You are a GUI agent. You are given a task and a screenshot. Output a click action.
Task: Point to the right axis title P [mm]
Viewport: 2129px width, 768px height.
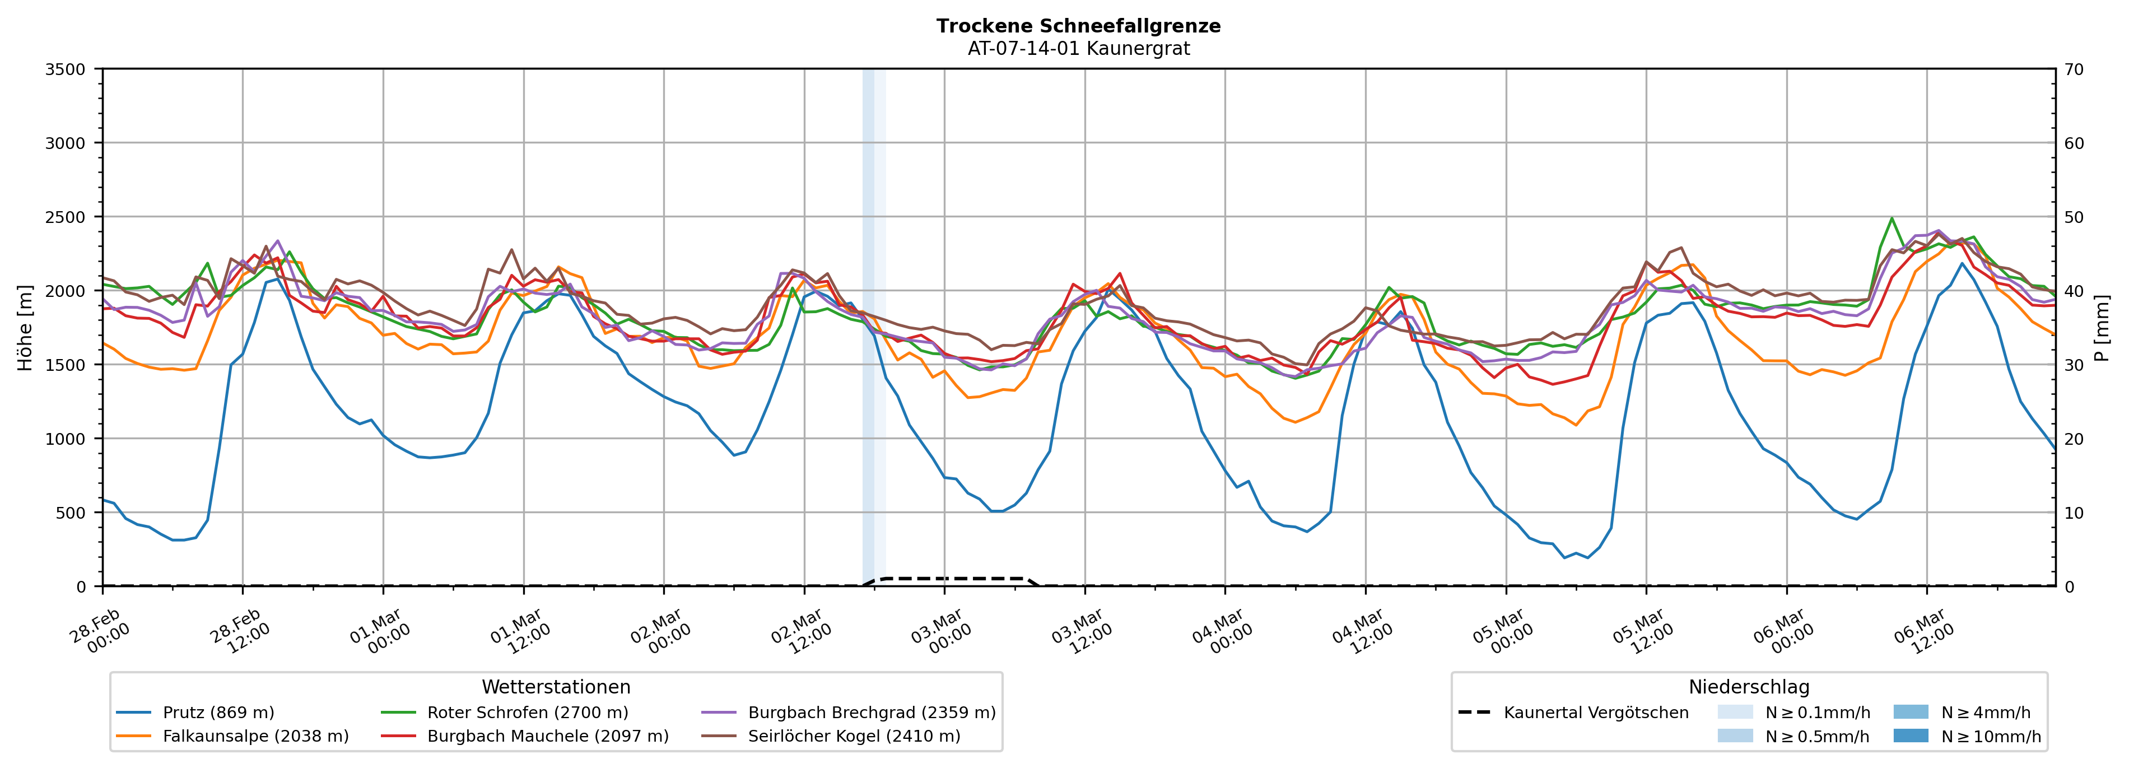2102,327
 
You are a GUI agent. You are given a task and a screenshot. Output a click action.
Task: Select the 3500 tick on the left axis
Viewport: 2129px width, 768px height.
66,69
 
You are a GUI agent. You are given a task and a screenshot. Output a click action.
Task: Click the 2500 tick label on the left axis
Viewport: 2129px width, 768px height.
66,217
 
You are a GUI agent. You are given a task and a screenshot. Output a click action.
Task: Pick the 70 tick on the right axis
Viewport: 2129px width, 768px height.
2074,69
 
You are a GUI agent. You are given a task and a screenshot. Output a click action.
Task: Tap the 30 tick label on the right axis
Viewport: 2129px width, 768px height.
2074,365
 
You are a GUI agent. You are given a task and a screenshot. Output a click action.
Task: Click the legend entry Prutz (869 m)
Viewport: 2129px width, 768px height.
218,713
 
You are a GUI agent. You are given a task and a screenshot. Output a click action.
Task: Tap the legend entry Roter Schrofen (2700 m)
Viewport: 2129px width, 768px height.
527,713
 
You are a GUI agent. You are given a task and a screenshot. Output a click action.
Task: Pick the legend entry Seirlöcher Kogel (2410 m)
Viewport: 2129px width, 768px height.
854,736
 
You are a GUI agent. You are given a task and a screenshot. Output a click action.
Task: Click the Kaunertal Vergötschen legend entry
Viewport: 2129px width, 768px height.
1596,713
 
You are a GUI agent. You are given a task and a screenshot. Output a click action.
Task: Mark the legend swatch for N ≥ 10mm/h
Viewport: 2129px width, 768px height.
1911,736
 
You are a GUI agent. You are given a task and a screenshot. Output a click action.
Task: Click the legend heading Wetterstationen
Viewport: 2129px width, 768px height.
556,687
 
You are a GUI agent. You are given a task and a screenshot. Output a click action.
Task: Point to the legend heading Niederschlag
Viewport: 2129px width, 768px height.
1749,687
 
